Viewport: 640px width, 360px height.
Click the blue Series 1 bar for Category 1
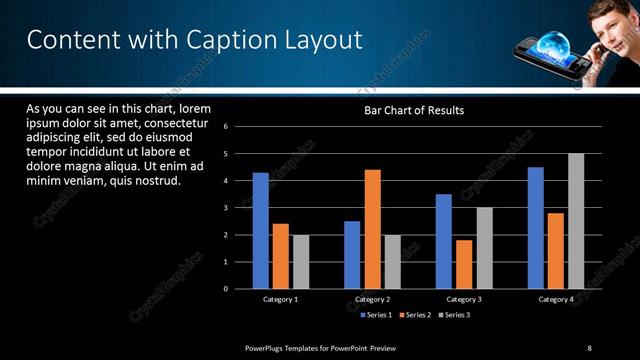260,231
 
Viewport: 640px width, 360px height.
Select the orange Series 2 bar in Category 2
372,229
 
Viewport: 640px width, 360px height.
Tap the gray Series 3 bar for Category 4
576,221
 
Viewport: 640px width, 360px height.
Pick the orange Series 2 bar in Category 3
464,264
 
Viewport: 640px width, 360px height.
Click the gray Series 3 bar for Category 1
300,262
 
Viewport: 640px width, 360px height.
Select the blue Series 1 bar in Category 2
352,255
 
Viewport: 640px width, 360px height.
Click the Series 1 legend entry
375,315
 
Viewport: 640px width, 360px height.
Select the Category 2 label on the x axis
372,299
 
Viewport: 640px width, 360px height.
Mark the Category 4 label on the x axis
556,299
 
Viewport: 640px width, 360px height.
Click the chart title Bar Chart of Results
413,110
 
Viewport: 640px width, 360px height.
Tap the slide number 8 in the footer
589,347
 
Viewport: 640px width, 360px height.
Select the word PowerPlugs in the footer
269,347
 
